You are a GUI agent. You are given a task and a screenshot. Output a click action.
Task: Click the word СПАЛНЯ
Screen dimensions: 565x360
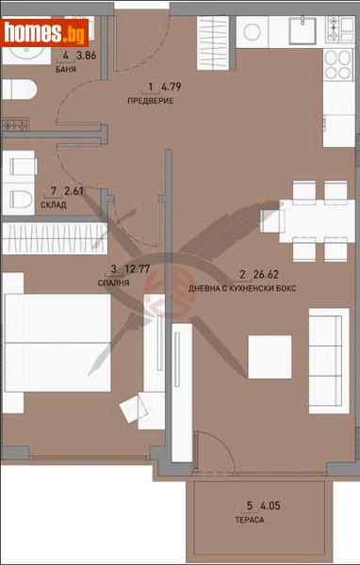113,281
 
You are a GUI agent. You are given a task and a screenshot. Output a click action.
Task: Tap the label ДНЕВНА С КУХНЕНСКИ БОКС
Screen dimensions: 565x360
242,287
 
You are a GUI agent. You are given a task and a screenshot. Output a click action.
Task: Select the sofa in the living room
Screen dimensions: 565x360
324,350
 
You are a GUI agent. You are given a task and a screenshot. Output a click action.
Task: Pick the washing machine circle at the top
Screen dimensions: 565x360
254,31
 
